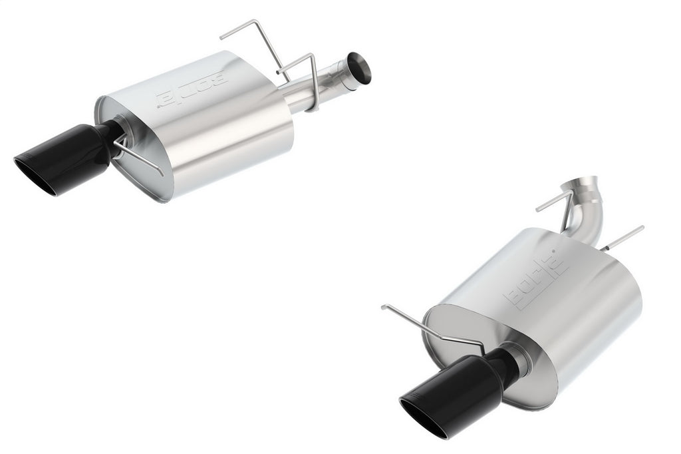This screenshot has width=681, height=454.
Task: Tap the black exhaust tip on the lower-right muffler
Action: (x=452, y=386)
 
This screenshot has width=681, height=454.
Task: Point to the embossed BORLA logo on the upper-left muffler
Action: (x=193, y=87)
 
